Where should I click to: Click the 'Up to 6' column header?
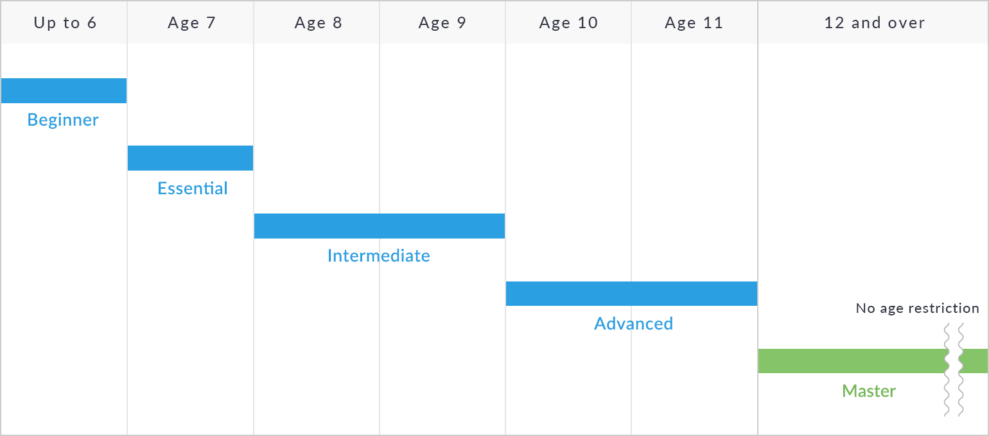(x=65, y=23)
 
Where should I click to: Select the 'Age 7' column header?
(x=191, y=23)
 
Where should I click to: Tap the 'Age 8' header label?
(x=318, y=23)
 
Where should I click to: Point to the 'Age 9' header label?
(x=442, y=23)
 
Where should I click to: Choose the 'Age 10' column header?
(x=568, y=23)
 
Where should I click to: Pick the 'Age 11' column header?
(x=694, y=23)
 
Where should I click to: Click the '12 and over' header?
(x=874, y=23)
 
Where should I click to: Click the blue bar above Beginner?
(x=64, y=91)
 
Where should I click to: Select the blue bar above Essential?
(x=190, y=158)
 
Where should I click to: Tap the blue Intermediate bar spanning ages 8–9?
(x=380, y=226)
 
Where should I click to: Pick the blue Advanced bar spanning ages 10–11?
(x=631, y=294)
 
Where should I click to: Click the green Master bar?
(x=852, y=361)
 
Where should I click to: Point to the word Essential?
(x=193, y=189)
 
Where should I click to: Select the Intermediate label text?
(x=379, y=256)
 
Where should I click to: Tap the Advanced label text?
(x=634, y=324)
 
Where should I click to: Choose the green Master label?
(x=869, y=391)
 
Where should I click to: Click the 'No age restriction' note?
(x=918, y=308)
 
